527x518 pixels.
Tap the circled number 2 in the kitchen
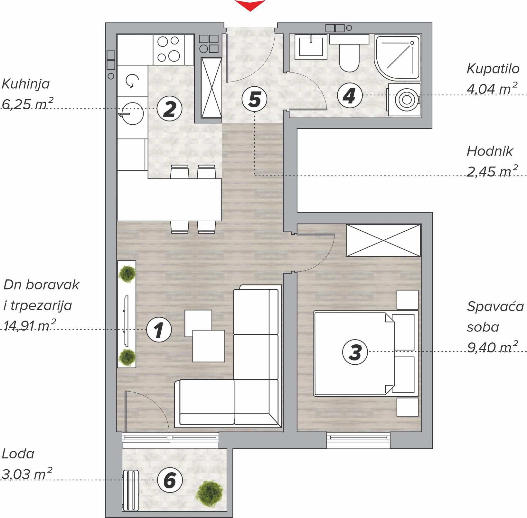pos(170,109)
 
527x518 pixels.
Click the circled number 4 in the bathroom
pos(350,95)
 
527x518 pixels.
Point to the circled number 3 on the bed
pos(355,352)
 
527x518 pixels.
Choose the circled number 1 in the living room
pos(159,330)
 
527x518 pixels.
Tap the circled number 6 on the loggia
pos(170,480)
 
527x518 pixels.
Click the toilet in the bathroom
pos(349,53)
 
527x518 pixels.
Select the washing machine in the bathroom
pos(404,100)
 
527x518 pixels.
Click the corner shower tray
pos(397,58)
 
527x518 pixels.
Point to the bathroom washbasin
pos(311,47)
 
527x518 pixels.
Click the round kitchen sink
pos(132,113)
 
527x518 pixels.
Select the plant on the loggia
pos(209,494)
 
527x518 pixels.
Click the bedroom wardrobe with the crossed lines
pos(383,240)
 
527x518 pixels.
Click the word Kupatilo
pos(493,69)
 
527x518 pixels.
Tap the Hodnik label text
pos(490,151)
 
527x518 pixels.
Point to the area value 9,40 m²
pos(493,347)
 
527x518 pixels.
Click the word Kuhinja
pos(26,84)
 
